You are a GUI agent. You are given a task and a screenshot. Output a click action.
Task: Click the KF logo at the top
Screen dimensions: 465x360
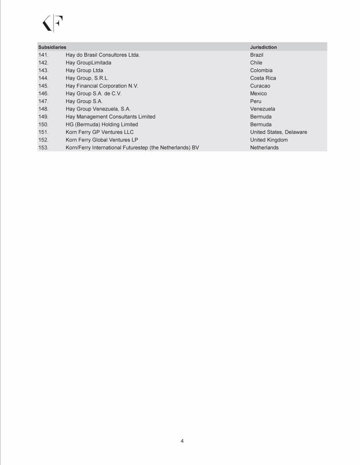pyautogui.click(x=53, y=23)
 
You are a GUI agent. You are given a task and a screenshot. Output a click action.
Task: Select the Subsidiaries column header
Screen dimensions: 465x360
pyautogui.click(x=52, y=47)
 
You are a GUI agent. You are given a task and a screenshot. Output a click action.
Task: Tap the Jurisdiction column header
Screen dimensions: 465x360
pyautogui.click(x=263, y=47)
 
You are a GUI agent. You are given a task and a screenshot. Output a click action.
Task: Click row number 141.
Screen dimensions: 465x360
pyautogui.click(x=44, y=55)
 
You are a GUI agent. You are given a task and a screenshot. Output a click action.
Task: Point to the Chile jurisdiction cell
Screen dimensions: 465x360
pyautogui.click(x=256, y=63)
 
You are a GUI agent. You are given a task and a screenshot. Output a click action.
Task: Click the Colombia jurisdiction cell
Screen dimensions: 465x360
pyautogui.click(x=261, y=70)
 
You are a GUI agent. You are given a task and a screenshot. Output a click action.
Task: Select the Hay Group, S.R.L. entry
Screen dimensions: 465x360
pyautogui.click(x=87, y=78)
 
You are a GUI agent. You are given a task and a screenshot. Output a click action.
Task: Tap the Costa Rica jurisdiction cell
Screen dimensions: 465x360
pyautogui.click(x=263, y=78)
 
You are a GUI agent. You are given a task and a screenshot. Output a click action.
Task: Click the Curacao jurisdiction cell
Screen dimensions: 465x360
pyautogui.click(x=260, y=86)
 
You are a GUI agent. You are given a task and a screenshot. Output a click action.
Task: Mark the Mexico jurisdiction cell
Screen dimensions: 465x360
pyautogui.click(x=258, y=94)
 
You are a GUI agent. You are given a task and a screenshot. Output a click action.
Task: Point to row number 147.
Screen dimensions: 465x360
pyautogui.click(x=44, y=101)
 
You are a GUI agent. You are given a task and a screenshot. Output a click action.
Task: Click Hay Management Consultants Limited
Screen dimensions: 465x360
pyautogui.click(x=110, y=117)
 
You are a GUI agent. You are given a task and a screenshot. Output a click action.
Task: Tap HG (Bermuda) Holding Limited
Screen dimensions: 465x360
pyautogui.click(x=102, y=125)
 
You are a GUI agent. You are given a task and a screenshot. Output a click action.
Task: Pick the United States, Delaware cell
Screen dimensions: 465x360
pyautogui.click(x=278, y=132)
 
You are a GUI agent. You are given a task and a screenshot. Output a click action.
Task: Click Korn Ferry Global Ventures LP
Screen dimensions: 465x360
pyautogui.click(x=102, y=140)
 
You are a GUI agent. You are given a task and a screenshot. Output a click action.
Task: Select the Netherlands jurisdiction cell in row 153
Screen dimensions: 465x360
pyautogui.click(x=264, y=148)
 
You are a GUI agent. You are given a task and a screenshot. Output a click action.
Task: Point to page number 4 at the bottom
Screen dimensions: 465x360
pyautogui.click(x=182, y=441)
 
